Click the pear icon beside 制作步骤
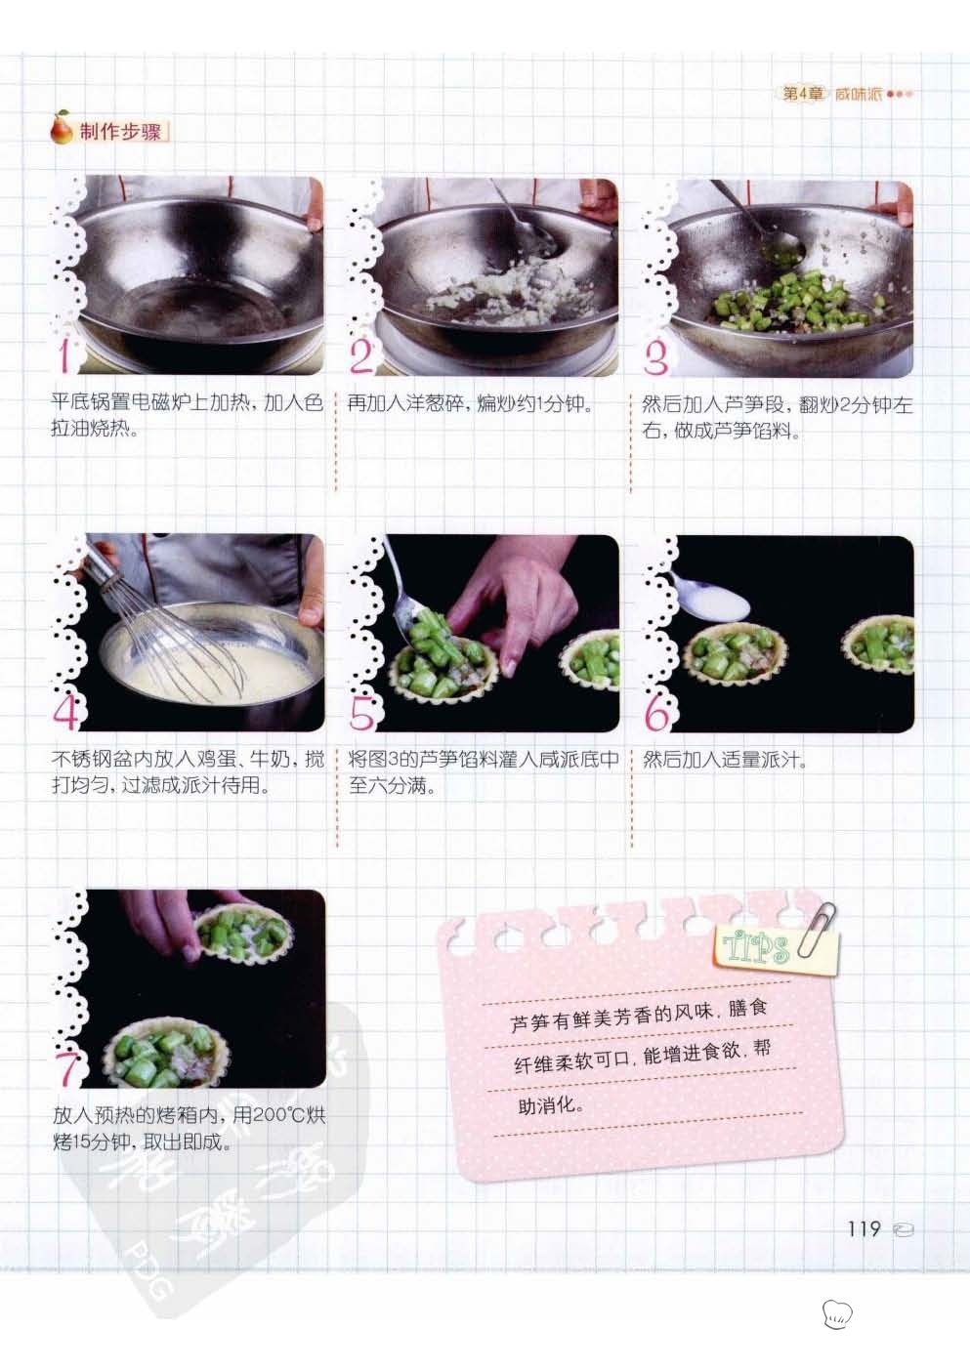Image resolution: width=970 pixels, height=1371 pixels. coord(61,128)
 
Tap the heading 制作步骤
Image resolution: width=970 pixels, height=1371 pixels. coord(120,132)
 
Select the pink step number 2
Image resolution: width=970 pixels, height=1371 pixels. coord(361,355)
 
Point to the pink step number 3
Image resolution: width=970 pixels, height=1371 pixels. coord(655,356)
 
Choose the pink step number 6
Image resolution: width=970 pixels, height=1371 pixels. coord(657,712)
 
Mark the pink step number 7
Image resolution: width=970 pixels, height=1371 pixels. coord(66,1068)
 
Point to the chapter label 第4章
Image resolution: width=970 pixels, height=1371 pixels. coord(803,94)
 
